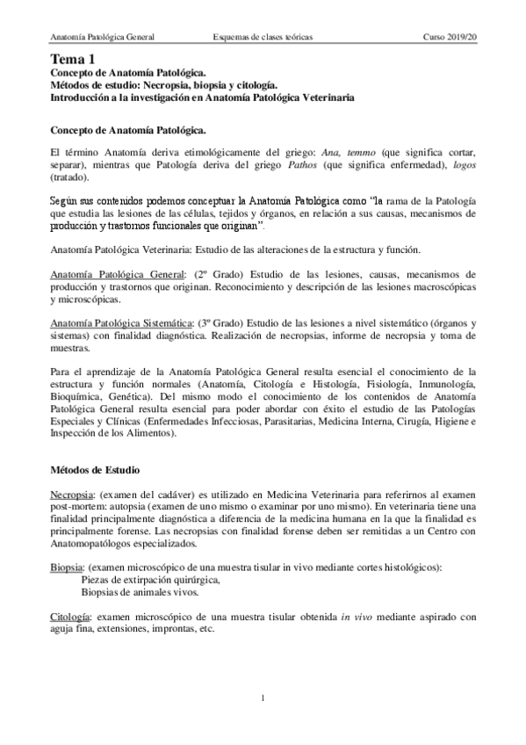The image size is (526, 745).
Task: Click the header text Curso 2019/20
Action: coord(449,38)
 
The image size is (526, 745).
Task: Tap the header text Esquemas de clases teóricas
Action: coord(263,38)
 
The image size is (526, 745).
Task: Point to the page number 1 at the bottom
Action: coord(263,698)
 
